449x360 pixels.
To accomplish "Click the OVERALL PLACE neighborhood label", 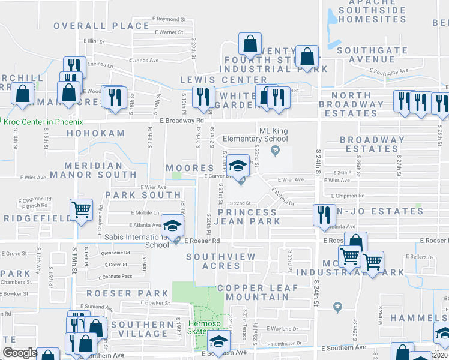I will click(x=101, y=26).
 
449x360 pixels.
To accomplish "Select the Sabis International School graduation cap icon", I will click(x=172, y=227).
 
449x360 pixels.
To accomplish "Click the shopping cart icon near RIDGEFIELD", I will click(x=81, y=210).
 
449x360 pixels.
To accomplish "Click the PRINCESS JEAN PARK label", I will click(x=249, y=217).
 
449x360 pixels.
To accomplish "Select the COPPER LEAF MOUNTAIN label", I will click(x=258, y=293).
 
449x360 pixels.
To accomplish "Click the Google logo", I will click(x=20, y=353).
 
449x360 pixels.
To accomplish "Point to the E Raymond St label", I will click(x=169, y=19).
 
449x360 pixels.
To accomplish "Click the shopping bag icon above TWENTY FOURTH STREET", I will click(x=250, y=44).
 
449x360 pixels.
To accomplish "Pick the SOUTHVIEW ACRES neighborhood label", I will click(x=221, y=261).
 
